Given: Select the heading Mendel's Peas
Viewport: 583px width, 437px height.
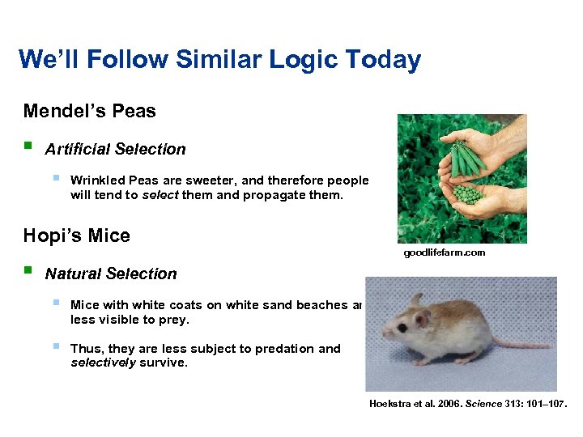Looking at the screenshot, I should [x=90, y=111].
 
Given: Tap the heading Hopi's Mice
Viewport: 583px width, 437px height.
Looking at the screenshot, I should [x=77, y=235].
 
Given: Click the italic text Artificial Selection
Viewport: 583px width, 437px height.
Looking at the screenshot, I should [x=115, y=149].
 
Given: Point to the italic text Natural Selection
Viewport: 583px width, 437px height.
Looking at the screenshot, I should [x=110, y=274].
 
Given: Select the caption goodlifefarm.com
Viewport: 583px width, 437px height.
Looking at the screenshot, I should [x=445, y=252].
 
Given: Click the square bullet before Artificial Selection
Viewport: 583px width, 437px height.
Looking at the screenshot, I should [x=28, y=147].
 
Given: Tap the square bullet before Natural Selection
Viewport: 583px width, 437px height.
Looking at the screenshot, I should [x=28, y=272].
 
